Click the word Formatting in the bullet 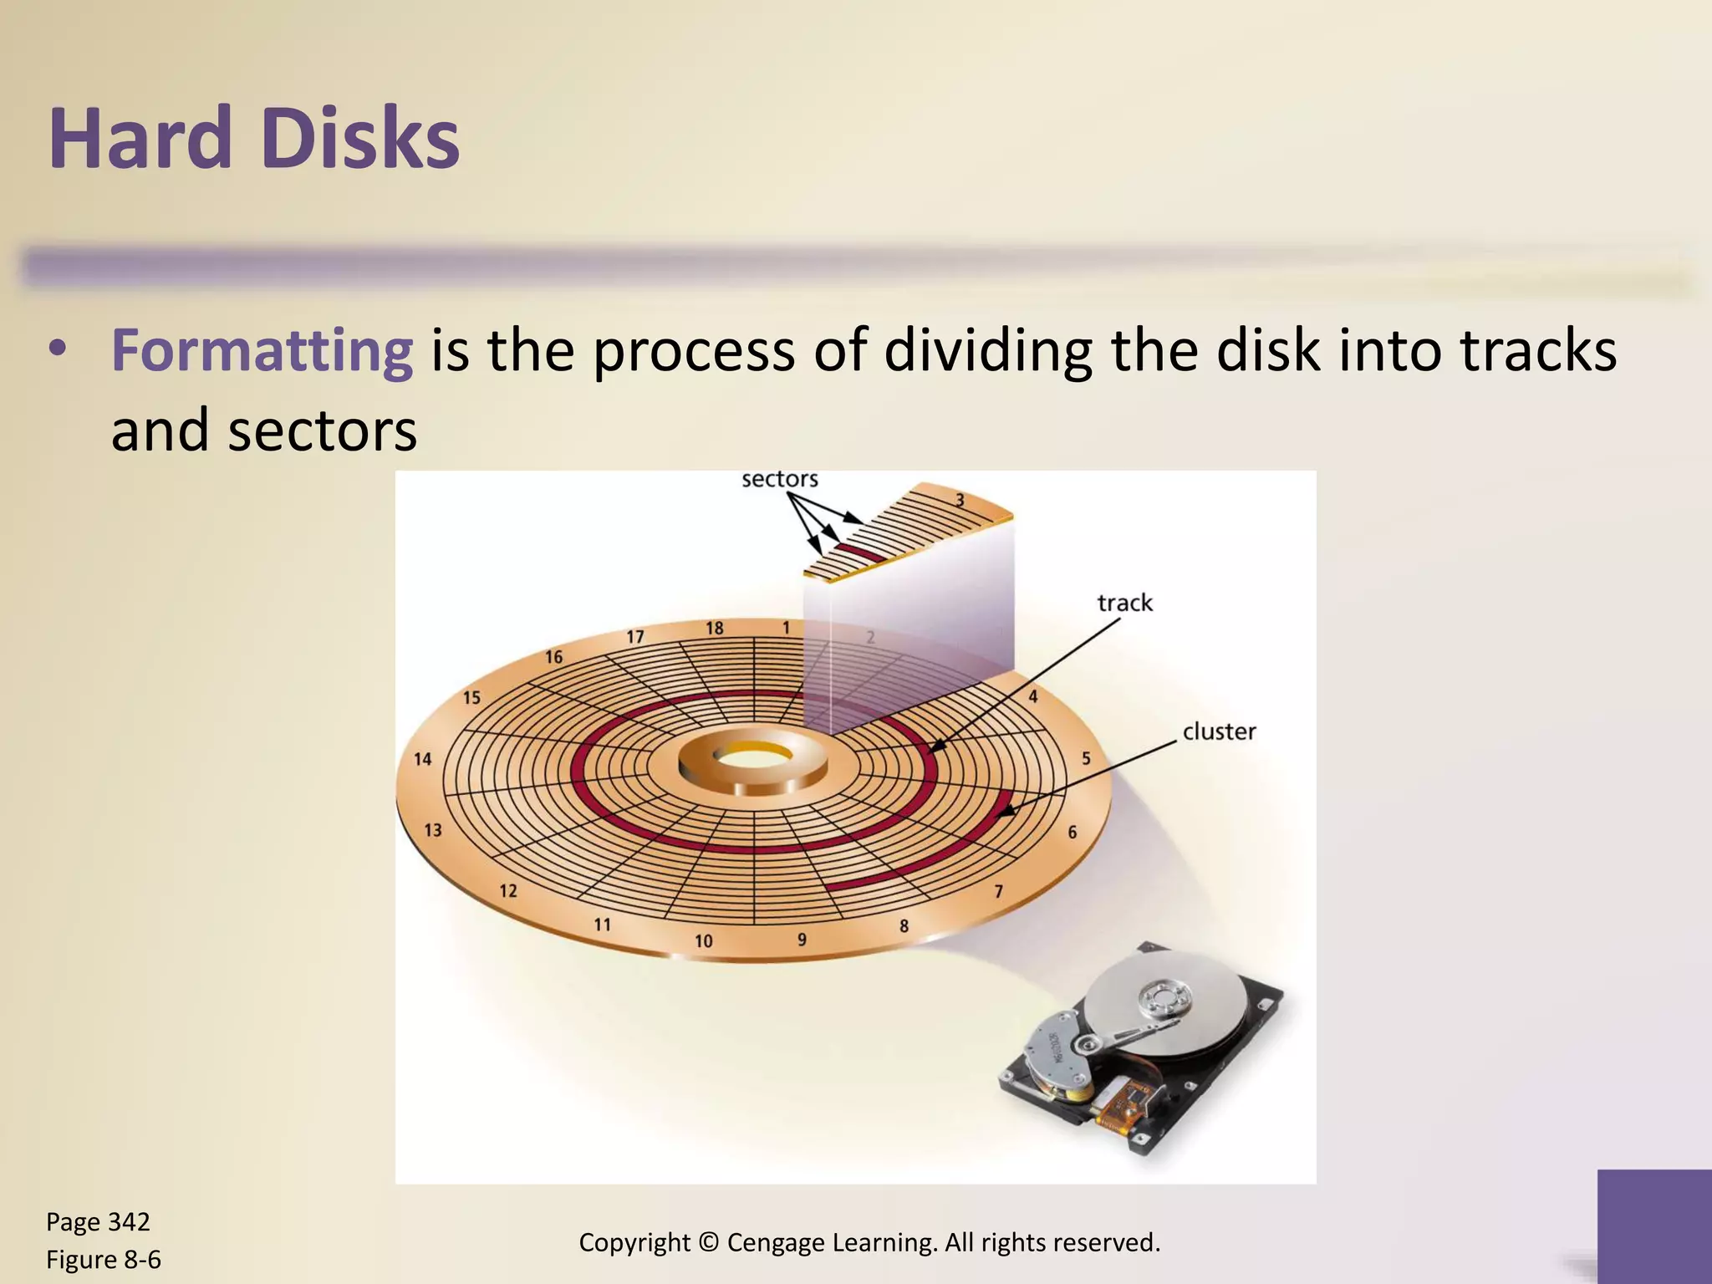pyautogui.click(x=262, y=351)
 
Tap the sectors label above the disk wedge pyautogui.click(x=779, y=479)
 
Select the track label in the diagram pyautogui.click(x=1124, y=603)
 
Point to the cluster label pyautogui.click(x=1219, y=731)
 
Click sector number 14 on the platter pyautogui.click(x=423, y=759)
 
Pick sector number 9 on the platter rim pyautogui.click(x=802, y=940)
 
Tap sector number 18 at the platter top pyautogui.click(x=714, y=628)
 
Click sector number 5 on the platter pyautogui.click(x=1086, y=758)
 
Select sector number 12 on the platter pyautogui.click(x=508, y=891)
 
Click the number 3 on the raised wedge pyautogui.click(x=960, y=501)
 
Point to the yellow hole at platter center pyautogui.click(x=753, y=757)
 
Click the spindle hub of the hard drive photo pyautogui.click(x=1164, y=998)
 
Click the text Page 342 pyautogui.click(x=98, y=1222)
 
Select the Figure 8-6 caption pyautogui.click(x=103, y=1260)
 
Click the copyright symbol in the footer pyautogui.click(x=709, y=1243)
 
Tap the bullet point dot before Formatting pyautogui.click(x=57, y=349)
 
